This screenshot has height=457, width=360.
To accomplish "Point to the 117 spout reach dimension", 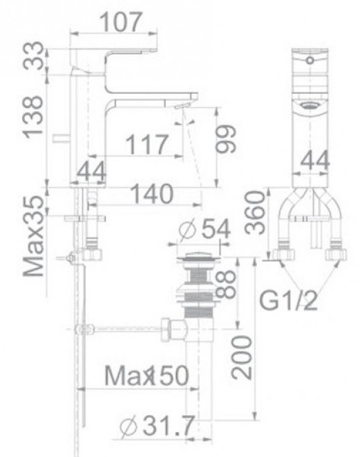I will coord(147,145).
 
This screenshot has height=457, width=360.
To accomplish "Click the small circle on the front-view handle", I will coord(308,61).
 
